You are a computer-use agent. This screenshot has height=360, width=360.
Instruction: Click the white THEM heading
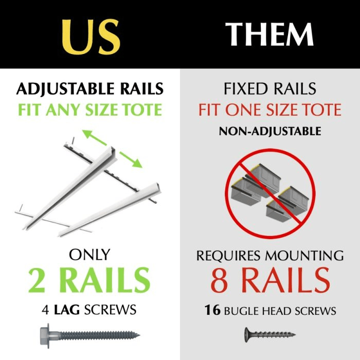point(270,35)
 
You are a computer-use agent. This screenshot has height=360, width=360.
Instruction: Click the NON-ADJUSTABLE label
point(270,131)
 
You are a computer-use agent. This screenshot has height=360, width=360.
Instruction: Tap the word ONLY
point(90,255)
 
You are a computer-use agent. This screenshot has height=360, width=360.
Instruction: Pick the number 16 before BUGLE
point(211,311)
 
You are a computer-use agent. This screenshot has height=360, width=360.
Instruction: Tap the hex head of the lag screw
point(49,334)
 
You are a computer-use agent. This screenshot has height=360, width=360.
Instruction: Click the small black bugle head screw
point(270,334)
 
